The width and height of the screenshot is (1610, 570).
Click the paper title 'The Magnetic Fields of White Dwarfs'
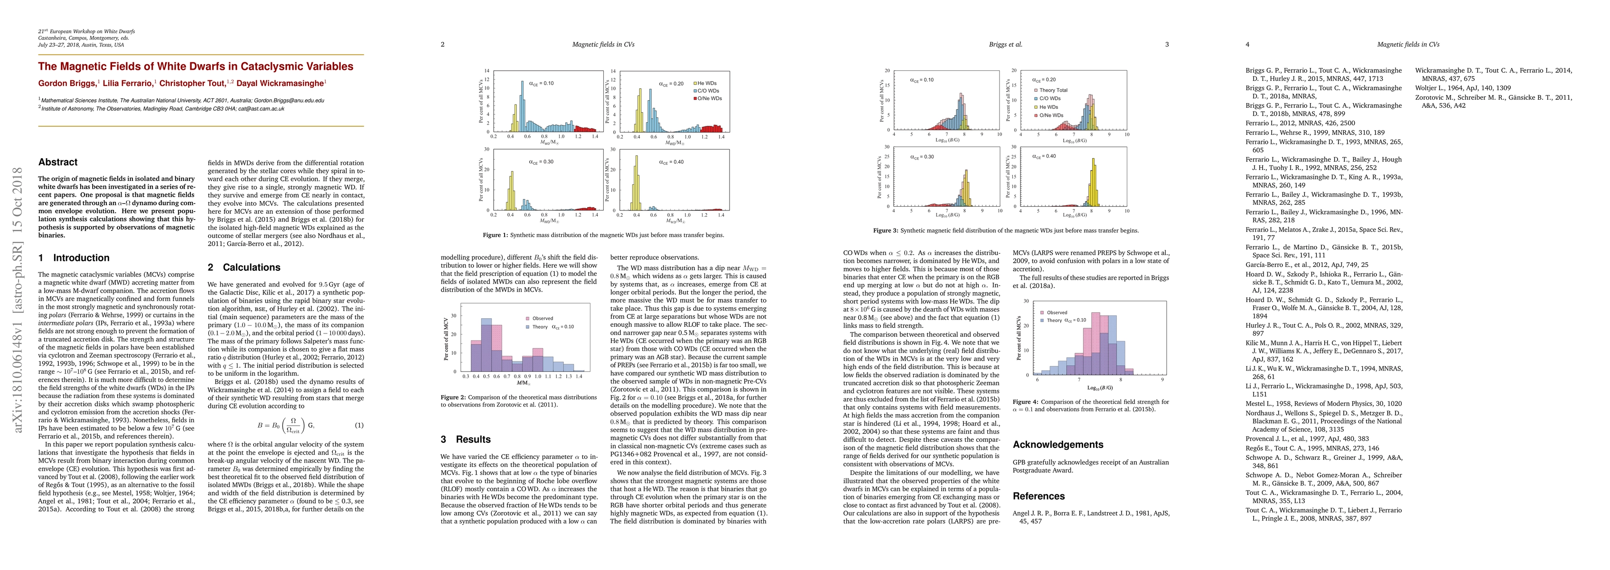click(196, 66)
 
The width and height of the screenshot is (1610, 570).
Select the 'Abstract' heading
click(57, 162)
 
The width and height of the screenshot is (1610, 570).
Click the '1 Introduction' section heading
click(74, 258)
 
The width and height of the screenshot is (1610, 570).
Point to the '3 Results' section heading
click(466, 439)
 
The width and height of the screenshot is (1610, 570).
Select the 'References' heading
click(1038, 496)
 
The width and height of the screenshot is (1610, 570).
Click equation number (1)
click(359, 426)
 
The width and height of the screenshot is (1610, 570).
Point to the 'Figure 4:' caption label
click(1026, 402)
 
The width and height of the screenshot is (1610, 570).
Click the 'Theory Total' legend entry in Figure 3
click(1053, 90)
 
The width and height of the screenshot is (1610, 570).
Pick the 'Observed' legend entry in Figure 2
click(543, 318)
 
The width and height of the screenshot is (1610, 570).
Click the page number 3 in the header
click(1166, 45)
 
